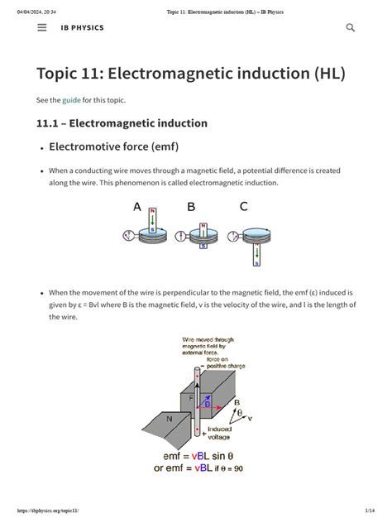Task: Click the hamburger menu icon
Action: pyautogui.click(x=42, y=27)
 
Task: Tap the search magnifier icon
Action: pyautogui.click(x=350, y=27)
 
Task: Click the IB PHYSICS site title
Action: pyautogui.click(x=82, y=27)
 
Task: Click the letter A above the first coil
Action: pyautogui.click(x=137, y=208)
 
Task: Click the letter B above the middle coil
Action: pyautogui.click(x=191, y=208)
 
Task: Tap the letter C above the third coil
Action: pyautogui.click(x=244, y=208)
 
